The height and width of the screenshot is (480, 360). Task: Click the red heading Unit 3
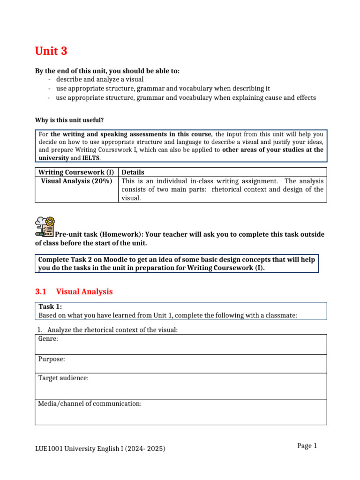[51, 51]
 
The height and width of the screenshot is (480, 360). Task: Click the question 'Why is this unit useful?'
[69, 120]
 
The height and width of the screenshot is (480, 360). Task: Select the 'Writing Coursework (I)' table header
[76, 172]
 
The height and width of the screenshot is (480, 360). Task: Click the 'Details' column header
[133, 172]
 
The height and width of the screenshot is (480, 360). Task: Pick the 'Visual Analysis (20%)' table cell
[76, 181]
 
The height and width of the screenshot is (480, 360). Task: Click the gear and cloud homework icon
[45, 225]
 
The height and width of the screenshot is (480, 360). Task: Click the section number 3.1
[41, 292]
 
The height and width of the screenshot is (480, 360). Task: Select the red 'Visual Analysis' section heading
[84, 292]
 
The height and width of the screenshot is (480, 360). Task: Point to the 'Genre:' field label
[48, 338]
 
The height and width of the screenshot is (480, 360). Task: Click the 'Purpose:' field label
[52, 359]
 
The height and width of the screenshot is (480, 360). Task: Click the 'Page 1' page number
[307, 446]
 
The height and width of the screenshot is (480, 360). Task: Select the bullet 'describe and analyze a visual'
[99, 79]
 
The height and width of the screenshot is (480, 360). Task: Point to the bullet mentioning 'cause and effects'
[186, 98]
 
